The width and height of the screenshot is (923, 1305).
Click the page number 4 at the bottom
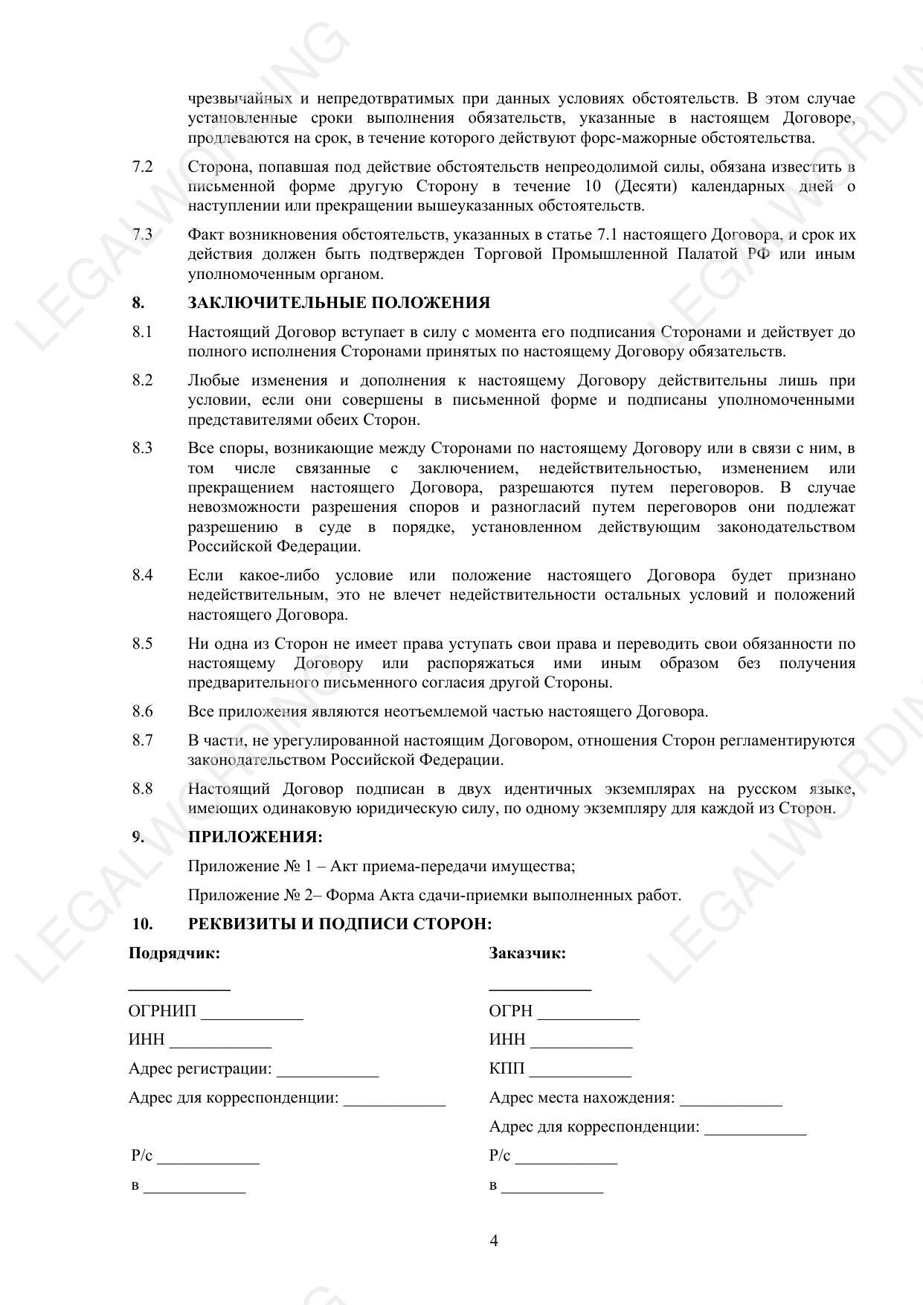pyautogui.click(x=494, y=1240)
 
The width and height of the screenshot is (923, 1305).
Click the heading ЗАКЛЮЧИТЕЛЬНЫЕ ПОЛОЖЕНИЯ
pyautogui.click(x=338, y=303)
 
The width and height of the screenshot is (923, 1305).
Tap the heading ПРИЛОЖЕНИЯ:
pyautogui.click(x=255, y=837)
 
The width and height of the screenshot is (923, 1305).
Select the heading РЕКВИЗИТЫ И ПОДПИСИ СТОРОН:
pyautogui.click(x=340, y=924)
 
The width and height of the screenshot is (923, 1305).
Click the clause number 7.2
pyautogui.click(x=143, y=167)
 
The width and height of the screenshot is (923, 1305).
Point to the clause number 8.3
pyautogui.click(x=143, y=448)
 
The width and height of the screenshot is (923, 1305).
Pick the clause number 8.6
pyautogui.click(x=143, y=711)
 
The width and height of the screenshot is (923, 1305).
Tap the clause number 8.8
pyautogui.click(x=143, y=789)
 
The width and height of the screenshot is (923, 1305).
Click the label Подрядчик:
pyautogui.click(x=174, y=953)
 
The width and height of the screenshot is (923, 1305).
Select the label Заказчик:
pyautogui.click(x=527, y=953)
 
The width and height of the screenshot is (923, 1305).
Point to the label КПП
pyautogui.click(x=506, y=1069)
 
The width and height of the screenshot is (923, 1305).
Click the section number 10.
pyautogui.click(x=142, y=924)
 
